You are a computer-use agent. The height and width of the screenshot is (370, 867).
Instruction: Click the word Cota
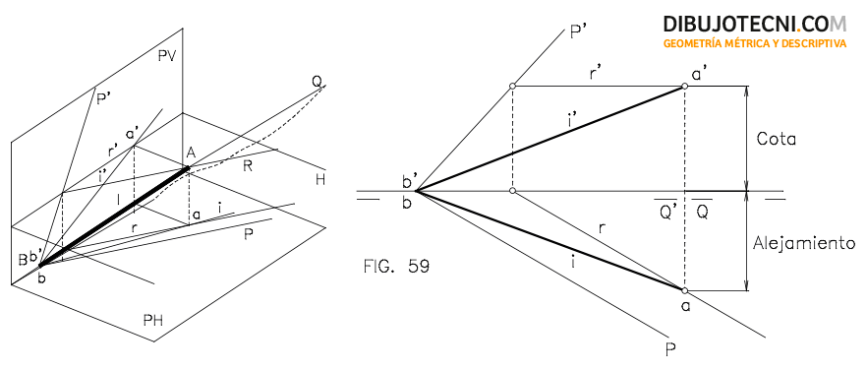(776, 139)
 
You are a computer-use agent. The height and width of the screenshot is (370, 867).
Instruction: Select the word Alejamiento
(804, 244)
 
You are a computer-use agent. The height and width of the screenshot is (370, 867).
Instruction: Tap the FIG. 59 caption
(395, 267)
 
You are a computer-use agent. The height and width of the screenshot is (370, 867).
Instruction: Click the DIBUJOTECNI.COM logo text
(755, 24)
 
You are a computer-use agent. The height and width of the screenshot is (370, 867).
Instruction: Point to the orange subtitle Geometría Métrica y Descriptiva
(755, 43)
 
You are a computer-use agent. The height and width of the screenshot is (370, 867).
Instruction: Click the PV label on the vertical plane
(166, 56)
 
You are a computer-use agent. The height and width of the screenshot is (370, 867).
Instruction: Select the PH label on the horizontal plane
(152, 321)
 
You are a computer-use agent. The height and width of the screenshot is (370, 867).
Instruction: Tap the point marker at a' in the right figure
(684, 86)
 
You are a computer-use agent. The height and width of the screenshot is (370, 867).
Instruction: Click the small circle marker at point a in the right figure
(684, 290)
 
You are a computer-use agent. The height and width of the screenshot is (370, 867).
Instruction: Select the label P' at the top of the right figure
(577, 33)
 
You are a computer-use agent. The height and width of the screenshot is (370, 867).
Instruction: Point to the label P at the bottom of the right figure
(671, 349)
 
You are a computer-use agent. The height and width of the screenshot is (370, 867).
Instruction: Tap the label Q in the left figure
(317, 82)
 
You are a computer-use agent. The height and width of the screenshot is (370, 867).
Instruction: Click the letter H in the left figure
(320, 179)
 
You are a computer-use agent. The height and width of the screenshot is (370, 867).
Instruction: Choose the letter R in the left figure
(248, 166)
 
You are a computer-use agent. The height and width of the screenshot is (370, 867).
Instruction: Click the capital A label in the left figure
(192, 154)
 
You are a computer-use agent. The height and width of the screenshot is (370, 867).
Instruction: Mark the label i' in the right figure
(572, 121)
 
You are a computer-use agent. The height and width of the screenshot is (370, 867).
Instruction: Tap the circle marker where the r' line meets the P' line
(512, 86)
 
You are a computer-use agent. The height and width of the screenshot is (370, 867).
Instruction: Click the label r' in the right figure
(595, 75)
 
